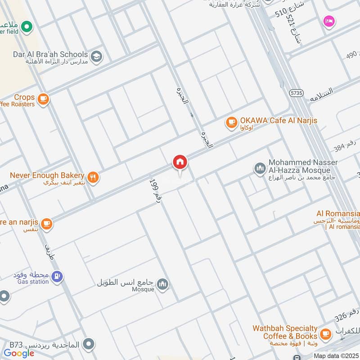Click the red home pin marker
click(x=180, y=162)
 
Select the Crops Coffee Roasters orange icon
click(x=43, y=99)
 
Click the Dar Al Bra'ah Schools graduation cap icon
click(x=96, y=57)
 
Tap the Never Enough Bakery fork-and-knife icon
click(x=93, y=177)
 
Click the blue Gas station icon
click(x=57, y=276)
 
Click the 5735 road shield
click(x=296, y=93)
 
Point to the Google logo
click(x=19, y=353)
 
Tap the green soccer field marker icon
click(x=27, y=27)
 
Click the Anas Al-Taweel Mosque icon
click(x=162, y=284)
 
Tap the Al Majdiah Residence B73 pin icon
click(x=90, y=345)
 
